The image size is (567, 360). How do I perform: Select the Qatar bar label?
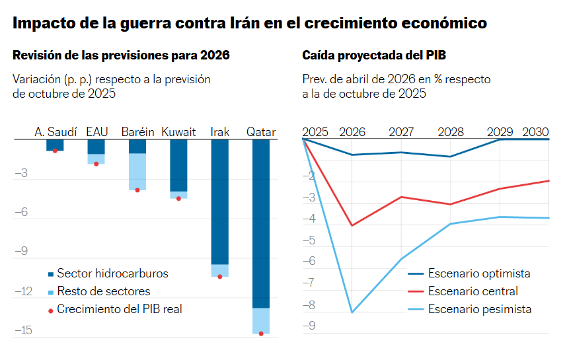point(261,131)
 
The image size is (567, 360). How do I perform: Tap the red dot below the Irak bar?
point(220,276)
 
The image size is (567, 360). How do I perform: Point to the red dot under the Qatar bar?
point(261,334)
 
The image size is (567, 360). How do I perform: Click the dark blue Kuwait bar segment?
point(178,165)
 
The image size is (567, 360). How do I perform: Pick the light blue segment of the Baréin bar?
point(137,172)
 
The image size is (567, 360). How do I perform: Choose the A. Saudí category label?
point(56,131)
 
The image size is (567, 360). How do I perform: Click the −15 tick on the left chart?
point(23,330)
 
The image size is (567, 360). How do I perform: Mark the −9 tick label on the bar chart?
point(23,251)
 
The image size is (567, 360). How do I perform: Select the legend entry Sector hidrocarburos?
point(112,273)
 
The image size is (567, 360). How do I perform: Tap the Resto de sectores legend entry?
point(103,291)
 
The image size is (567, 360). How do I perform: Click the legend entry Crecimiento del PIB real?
point(119,308)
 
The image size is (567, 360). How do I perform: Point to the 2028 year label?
point(451,131)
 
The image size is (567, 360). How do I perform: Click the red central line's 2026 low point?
point(352,226)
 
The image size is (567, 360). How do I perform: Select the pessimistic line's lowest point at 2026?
point(352,312)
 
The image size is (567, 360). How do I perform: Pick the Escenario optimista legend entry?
point(478,273)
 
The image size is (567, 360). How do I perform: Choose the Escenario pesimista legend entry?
point(479,308)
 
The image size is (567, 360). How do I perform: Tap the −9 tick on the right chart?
point(308,325)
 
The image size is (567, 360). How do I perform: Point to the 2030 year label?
point(535,131)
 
